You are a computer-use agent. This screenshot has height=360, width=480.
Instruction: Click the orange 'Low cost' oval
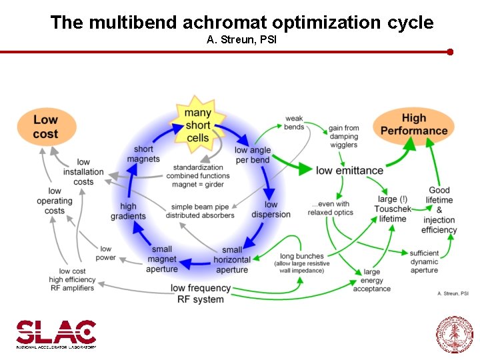click(x=45, y=127)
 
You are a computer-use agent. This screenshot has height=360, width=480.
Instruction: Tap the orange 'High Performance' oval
click(x=413, y=125)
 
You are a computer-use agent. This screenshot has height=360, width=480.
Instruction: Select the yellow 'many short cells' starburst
click(x=197, y=125)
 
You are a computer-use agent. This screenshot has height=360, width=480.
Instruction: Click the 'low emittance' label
click(x=349, y=170)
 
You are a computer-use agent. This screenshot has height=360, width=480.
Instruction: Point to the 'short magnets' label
click(x=143, y=154)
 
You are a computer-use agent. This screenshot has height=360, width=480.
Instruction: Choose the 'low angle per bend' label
click(x=253, y=155)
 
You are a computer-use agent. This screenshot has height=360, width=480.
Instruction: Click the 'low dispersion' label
click(x=271, y=209)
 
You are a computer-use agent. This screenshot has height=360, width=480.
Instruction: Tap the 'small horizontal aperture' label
click(x=232, y=259)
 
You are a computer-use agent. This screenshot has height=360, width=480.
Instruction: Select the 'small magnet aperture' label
click(x=162, y=259)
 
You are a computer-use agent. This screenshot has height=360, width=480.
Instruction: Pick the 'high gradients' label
click(x=128, y=211)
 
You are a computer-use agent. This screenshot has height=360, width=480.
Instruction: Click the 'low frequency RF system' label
click(x=201, y=293)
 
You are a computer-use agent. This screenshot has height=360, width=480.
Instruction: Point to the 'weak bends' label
click(x=294, y=123)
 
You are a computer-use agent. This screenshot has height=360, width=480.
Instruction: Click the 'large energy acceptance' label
click(x=371, y=280)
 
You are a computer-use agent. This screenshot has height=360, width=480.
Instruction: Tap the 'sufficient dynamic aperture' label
click(x=424, y=261)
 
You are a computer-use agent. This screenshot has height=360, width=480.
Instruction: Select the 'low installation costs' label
click(x=83, y=172)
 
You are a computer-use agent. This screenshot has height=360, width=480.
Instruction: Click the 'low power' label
click(x=105, y=253)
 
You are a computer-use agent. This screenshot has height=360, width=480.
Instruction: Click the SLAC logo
click(x=56, y=333)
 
